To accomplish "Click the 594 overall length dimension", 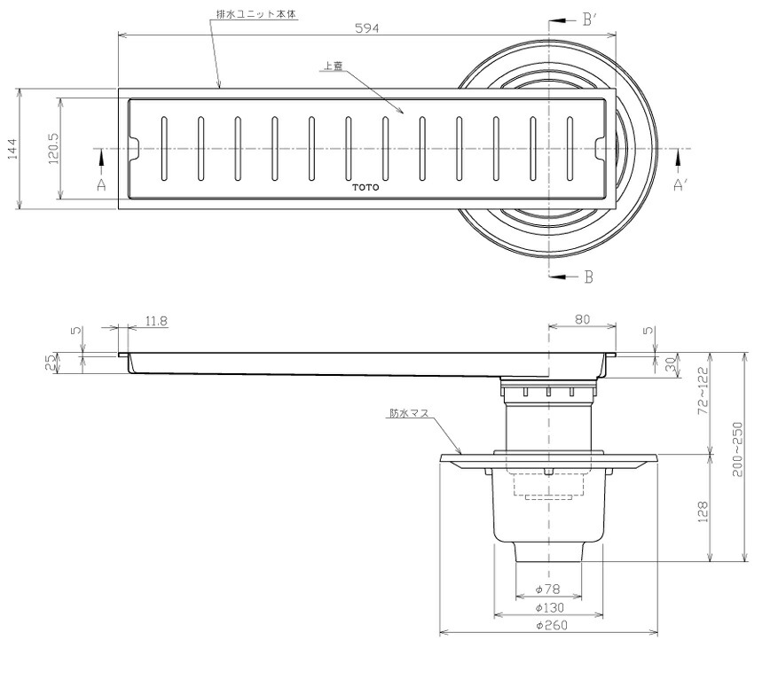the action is pyautogui.click(x=367, y=28).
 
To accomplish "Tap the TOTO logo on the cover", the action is pyautogui.click(x=365, y=187).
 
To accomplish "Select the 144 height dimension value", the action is pyautogui.click(x=12, y=149).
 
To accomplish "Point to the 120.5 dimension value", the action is pyautogui.click(x=53, y=148).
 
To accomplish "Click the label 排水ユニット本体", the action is pyautogui.click(x=256, y=14).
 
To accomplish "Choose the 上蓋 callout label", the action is pyautogui.click(x=333, y=66).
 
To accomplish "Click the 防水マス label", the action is pyautogui.click(x=408, y=412).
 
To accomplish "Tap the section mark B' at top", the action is pyautogui.click(x=589, y=20).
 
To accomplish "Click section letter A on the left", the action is pyautogui.click(x=101, y=185).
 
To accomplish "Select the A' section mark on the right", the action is pyautogui.click(x=680, y=185).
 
